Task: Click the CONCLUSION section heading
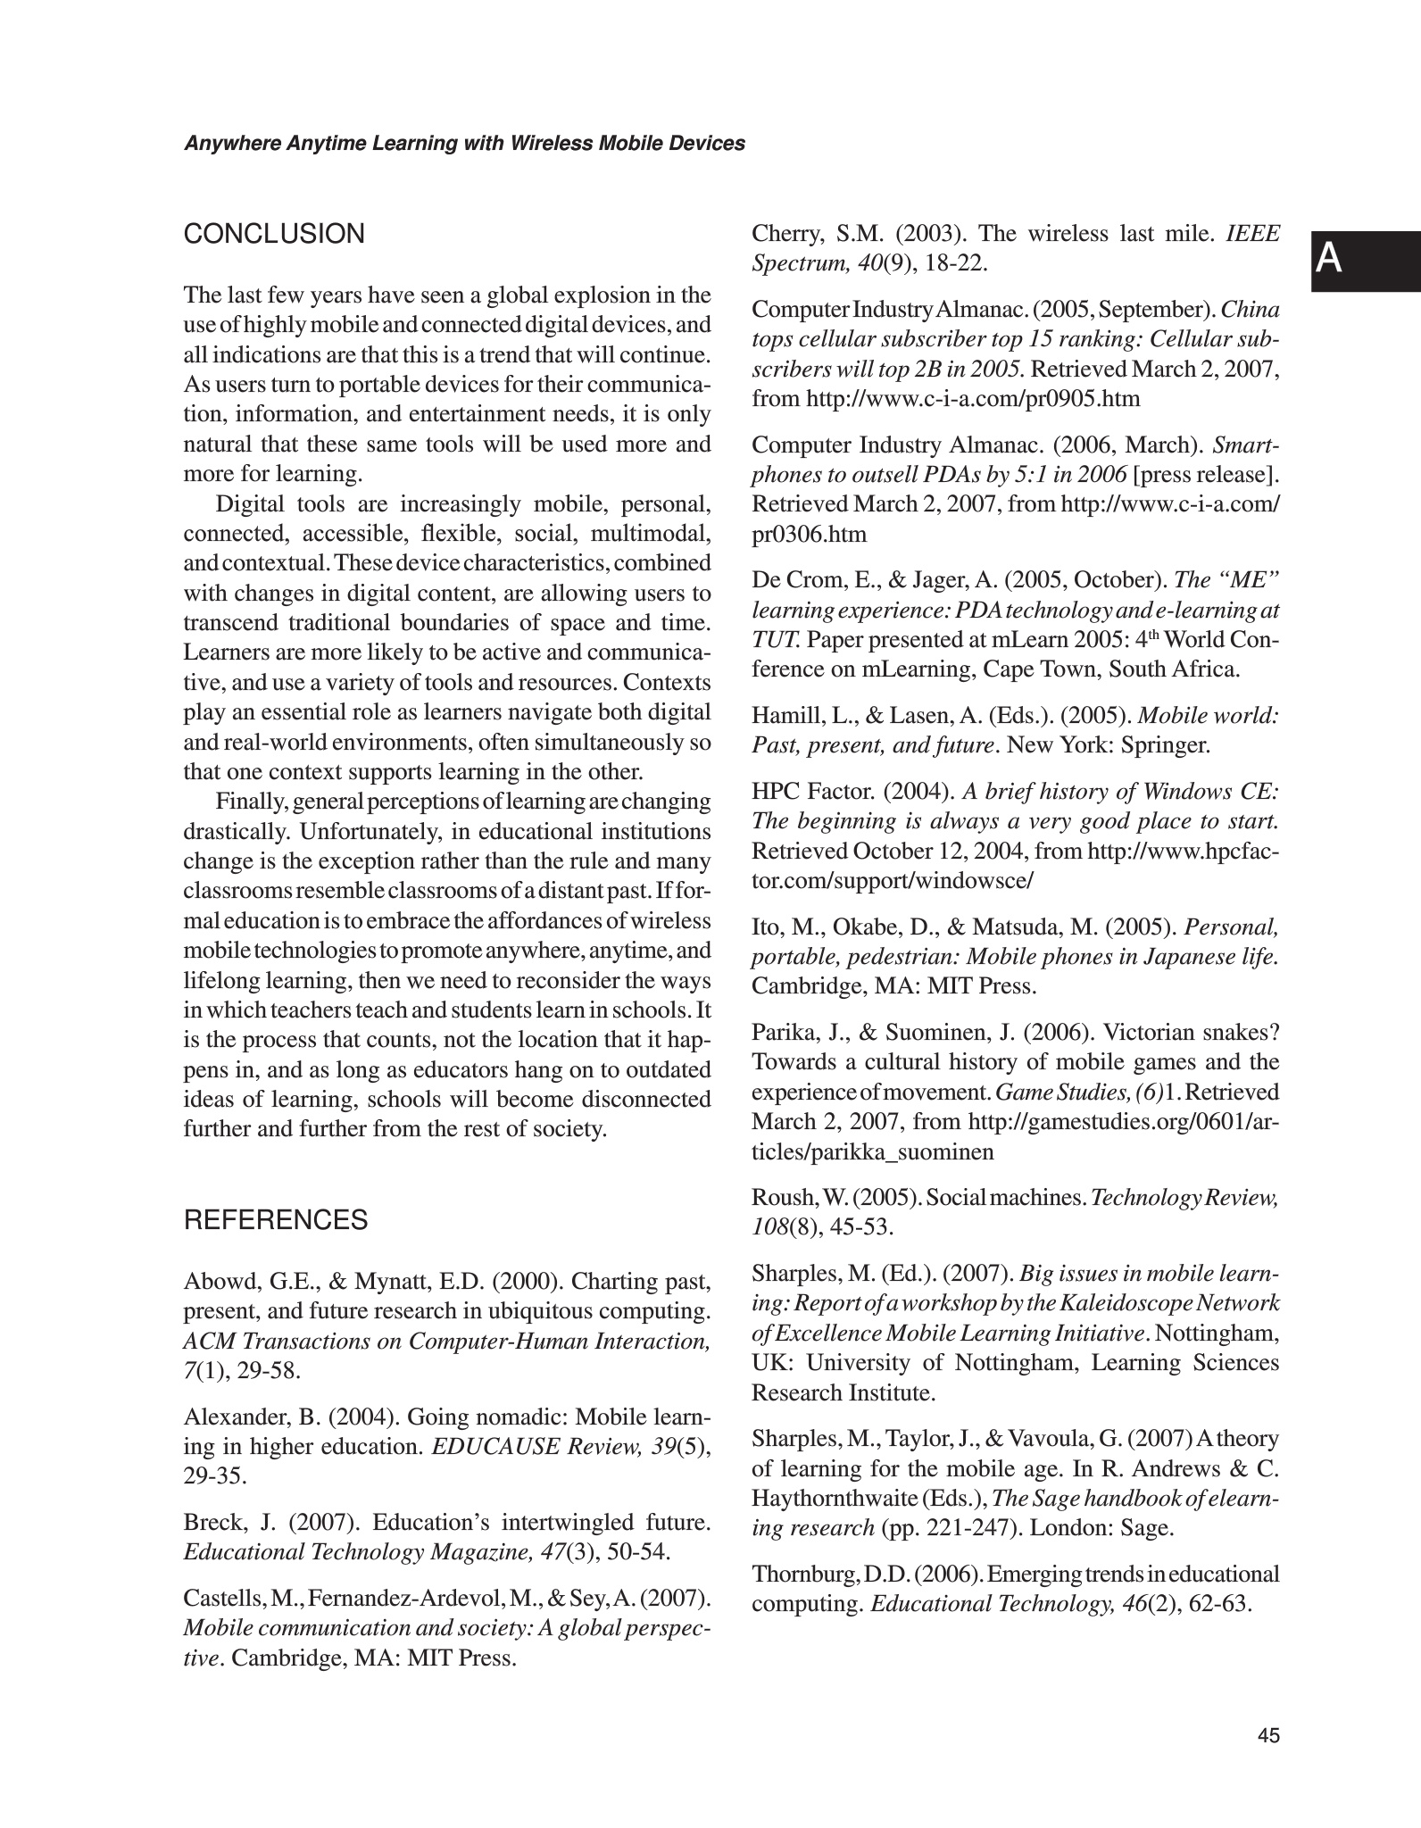274,235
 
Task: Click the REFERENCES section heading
275,1220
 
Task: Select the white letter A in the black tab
1329,260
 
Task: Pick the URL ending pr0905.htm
973,399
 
